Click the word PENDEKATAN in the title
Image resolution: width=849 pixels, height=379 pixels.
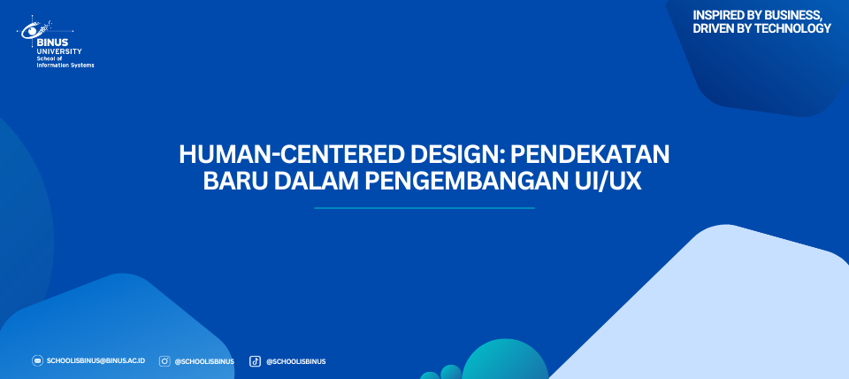tap(590, 155)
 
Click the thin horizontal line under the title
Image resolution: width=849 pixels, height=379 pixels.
tap(424, 208)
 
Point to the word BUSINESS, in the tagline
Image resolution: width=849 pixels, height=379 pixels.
tap(793, 16)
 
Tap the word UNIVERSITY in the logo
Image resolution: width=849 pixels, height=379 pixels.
tap(58, 51)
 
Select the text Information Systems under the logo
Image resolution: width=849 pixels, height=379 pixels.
tap(65, 65)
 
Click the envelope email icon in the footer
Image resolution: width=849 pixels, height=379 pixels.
tap(37, 360)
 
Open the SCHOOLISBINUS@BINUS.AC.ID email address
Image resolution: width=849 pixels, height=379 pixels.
tap(96, 360)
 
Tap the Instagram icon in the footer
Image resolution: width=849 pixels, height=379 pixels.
tap(164, 361)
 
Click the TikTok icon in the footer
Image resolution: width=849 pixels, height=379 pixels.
tap(255, 361)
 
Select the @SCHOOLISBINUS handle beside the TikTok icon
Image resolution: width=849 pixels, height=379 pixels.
tap(295, 361)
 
